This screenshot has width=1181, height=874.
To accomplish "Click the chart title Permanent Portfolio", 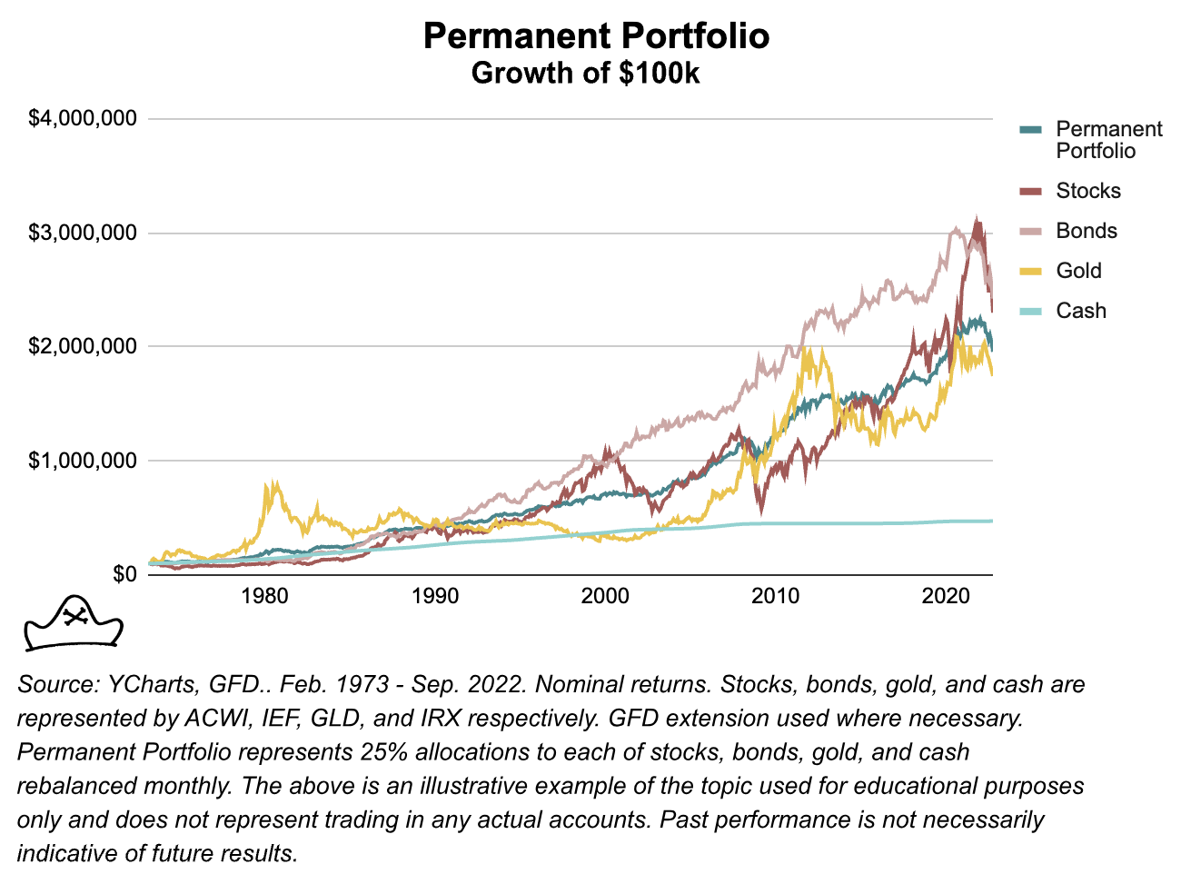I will tap(596, 36).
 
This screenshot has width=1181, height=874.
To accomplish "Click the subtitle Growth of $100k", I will tap(585, 73).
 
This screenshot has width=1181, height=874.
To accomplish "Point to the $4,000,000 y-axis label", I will tap(83, 119).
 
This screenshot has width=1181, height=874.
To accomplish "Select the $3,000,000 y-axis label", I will tap(83, 233).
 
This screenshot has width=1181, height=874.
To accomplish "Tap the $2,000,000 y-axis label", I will tap(83, 346).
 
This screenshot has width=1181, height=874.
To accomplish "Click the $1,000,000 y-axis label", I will tap(83, 461).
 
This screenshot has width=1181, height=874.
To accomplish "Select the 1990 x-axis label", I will tap(435, 596).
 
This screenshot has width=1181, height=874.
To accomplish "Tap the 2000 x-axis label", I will tap(605, 596).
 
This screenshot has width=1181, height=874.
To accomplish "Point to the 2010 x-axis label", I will tap(776, 596).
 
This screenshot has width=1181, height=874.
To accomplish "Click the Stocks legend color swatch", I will tap(1030, 191).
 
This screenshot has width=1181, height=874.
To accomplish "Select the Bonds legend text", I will tap(1087, 231).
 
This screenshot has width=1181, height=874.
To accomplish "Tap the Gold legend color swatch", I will tap(1030, 271).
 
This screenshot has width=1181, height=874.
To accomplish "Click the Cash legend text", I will tap(1081, 311).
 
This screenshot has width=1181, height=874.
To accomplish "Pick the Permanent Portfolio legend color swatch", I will tap(1030, 130).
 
